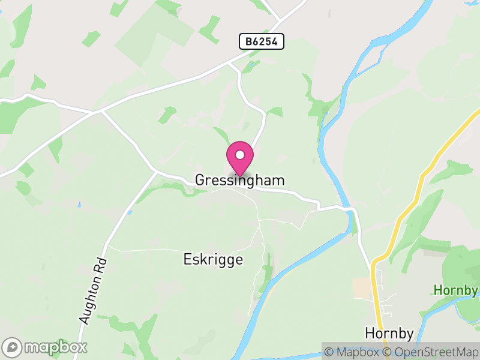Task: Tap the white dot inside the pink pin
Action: (x=240, y=155)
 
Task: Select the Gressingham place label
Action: (x=240, y=180)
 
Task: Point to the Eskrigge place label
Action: (x=213, y=260)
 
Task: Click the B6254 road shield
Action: (x=261, y=41)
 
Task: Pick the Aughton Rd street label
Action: (x=93, y=291)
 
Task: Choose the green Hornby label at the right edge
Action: (x=456, y=290)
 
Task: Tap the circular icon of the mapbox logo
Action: (x=13, y=347)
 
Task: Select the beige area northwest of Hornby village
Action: (x=363, y=287)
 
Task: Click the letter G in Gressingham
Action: (x=200, y=180)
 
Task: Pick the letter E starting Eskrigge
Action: (x=187, y=260)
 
